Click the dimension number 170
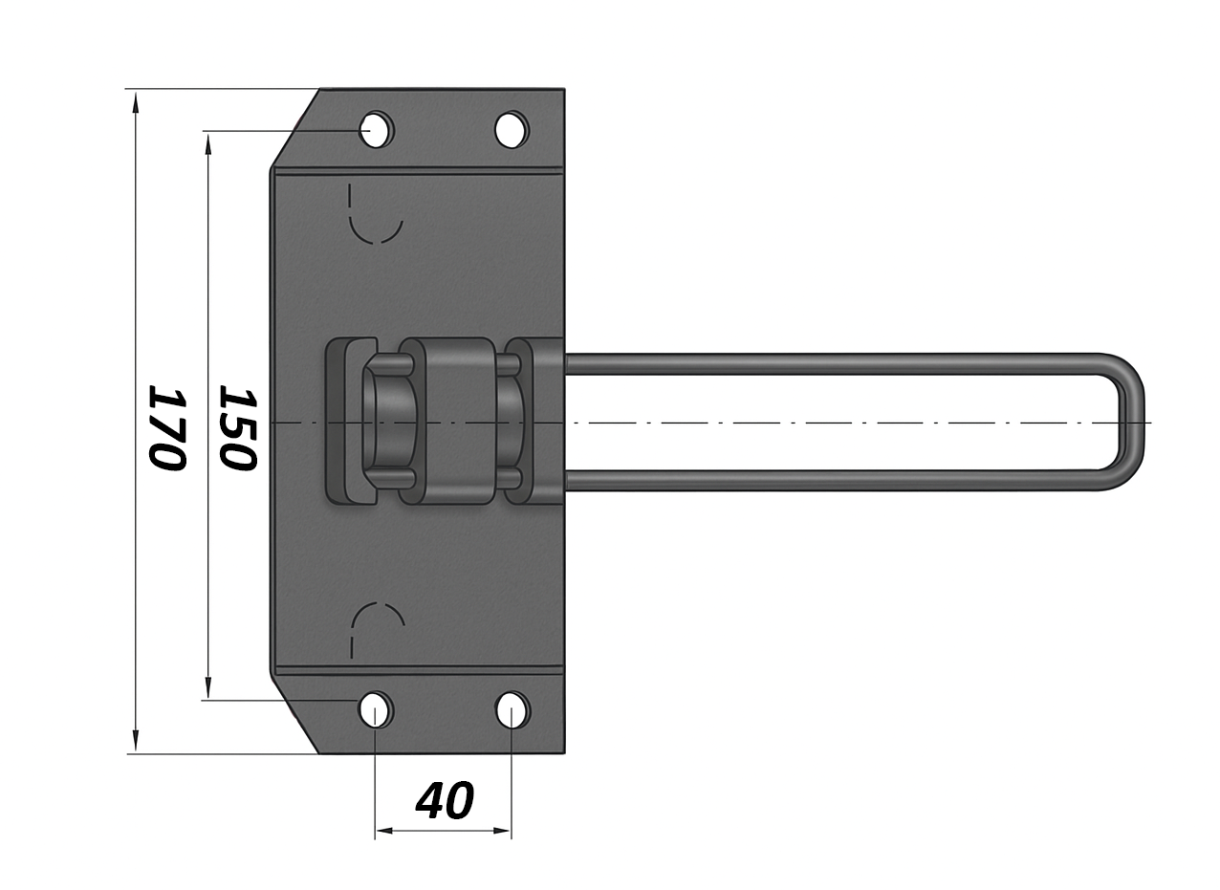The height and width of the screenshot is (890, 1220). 168,428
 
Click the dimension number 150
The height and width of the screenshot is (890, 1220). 237,428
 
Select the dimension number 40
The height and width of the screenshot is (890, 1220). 445,801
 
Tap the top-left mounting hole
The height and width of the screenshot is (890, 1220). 377,130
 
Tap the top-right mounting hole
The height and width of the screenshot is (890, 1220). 512,130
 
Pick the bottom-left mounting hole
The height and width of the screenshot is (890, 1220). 375,709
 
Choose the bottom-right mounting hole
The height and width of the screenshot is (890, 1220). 512,709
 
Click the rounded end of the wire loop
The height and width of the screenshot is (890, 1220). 1132,423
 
